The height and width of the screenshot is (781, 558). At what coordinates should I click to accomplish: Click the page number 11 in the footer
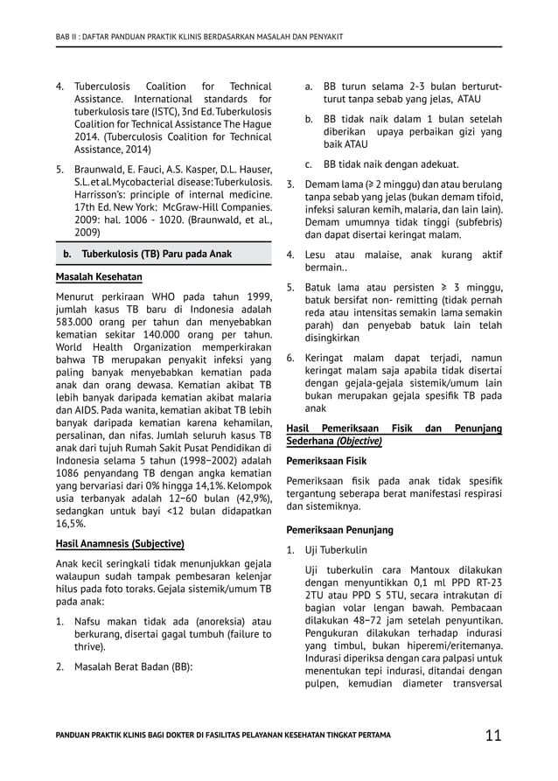(493, 735)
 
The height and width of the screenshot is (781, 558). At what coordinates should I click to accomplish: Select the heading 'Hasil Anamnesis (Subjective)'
(120, 542)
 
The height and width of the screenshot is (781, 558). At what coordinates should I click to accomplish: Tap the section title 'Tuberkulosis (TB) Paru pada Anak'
(157, 254)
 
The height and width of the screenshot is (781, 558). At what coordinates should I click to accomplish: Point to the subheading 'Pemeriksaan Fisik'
(327, 460)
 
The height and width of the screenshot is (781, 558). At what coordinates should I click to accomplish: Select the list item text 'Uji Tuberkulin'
(336, 550)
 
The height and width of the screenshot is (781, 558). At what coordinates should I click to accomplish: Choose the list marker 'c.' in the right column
(310, 164)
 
